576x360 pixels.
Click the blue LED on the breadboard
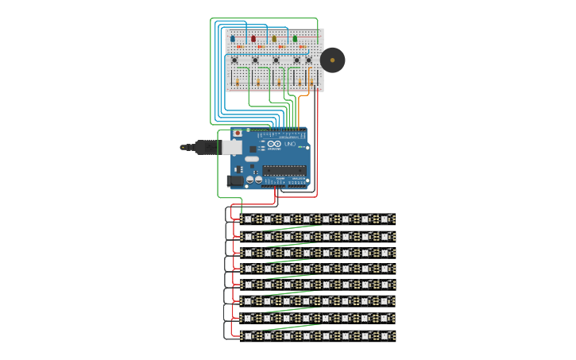[x=233, y=37]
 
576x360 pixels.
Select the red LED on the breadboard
[x=253, y=37]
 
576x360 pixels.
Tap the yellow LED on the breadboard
[x=274, y=37]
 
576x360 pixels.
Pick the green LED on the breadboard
[x=295, y=37]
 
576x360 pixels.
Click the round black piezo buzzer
[x=332, y=60]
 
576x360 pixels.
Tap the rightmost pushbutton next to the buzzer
[x=309, y=60]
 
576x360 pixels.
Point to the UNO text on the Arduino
[x=290, y=145]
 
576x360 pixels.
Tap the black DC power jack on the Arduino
[x=234, y=181]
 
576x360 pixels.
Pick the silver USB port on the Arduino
[x=231, y=147]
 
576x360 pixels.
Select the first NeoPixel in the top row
[x=248, y=219]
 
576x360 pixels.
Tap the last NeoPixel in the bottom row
[x=385, y=336]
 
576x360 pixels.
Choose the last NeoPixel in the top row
[x=385, y=219]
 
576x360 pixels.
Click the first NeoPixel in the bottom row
[x=248, y=336]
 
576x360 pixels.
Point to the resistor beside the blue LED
[x=239, y=47]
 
